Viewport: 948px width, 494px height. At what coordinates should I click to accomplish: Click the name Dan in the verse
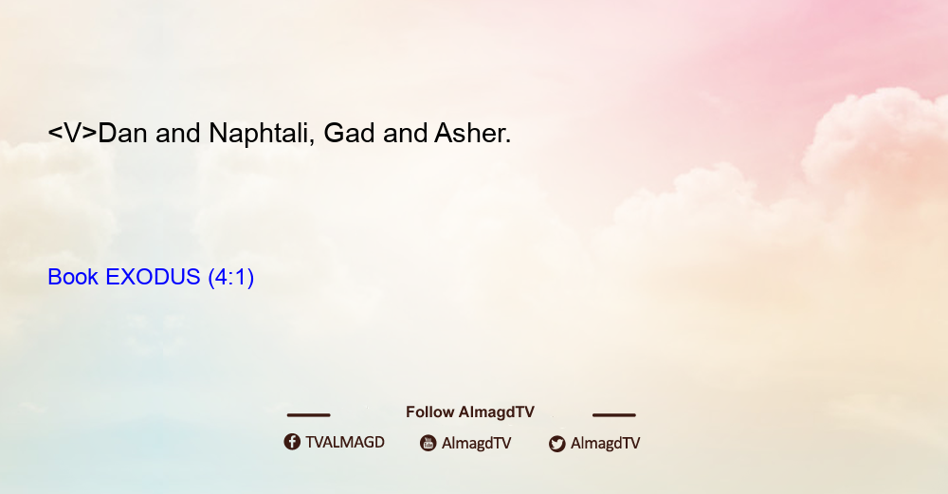click(122, 133)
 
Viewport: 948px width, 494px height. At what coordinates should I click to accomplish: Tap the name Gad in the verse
click(350, 133)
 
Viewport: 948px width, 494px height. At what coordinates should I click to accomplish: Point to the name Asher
click(473, 133)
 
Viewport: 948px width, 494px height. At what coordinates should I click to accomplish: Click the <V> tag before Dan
click(73, 133)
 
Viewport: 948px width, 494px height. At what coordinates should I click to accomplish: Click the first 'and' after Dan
click(178, 133)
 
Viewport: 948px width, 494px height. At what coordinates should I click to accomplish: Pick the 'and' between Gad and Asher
click(405, 133)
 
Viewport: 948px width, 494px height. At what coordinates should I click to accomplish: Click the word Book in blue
click(73, 277)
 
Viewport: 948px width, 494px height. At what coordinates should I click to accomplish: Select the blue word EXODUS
click(153, 277)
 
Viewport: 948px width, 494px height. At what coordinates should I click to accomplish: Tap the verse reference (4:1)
click(231, 278)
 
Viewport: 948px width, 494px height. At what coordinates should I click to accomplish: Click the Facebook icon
click(292, 442)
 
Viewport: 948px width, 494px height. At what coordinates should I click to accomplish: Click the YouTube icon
click(428, 443)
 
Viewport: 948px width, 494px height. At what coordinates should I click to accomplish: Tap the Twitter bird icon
click(556, 444)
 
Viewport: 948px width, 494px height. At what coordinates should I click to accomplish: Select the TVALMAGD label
click(345, 443)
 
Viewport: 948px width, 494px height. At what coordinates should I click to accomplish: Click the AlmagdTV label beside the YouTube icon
click(477, 444)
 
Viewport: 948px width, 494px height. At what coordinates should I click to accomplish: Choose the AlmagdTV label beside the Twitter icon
click(605, 444)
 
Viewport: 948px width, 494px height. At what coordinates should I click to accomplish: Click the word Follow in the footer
click(429, 412)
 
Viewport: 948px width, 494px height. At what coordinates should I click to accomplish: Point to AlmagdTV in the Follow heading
click(497, 412)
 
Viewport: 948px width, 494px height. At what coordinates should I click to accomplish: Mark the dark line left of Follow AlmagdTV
click(308, 415)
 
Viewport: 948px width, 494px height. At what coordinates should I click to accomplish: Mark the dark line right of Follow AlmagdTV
click(614, 415)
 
